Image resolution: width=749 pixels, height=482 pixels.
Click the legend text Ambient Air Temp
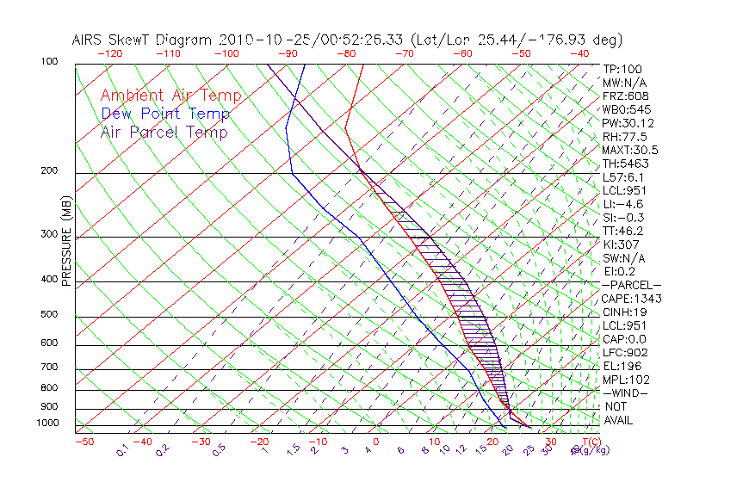coord(170,96)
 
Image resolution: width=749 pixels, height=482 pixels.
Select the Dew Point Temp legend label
coord(165,114)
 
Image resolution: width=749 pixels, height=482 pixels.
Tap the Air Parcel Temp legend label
coord(164,132)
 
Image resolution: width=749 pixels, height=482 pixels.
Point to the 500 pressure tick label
coord(50,315)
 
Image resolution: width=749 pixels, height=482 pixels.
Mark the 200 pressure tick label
coord(50,171)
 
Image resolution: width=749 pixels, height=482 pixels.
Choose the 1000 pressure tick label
coord(48,423)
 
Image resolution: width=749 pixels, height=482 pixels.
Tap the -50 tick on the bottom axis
coord(84,442)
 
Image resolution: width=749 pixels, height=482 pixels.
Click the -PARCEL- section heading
coord(631,285)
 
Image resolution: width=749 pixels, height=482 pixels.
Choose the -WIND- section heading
coord(626,392)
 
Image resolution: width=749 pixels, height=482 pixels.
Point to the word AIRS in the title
coord(90,40)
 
